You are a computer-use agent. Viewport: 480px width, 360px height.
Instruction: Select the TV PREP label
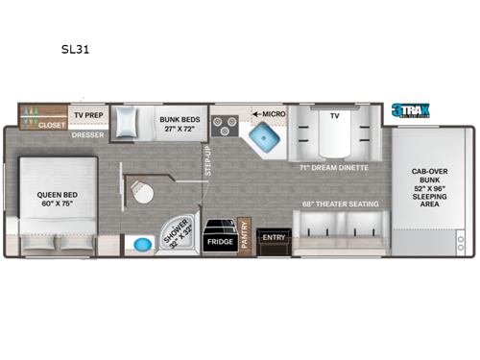point(88,115)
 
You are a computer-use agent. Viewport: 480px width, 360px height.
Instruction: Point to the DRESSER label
point(87,135)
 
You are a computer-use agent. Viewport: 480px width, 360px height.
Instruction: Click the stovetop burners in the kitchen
point(225,125)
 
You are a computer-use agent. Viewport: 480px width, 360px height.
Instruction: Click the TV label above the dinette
point(335,115)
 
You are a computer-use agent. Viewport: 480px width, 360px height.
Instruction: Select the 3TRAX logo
point(411,110)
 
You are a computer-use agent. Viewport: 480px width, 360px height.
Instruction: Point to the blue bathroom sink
point(143,244)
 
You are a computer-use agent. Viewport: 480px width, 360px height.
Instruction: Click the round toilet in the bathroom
point(143,192)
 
